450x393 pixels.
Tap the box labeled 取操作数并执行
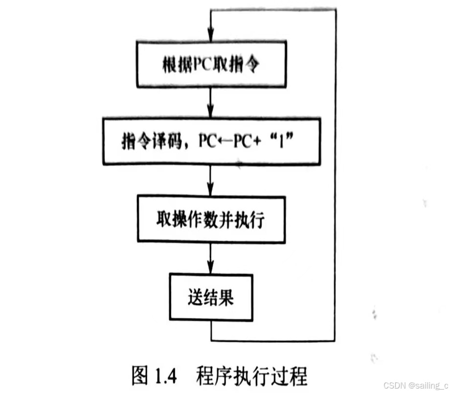click(x=211, y=218)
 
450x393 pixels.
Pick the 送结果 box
click(x=211, y=297)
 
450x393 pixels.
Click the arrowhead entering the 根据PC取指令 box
click(x=211, y=35)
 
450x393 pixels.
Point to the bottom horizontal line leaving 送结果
click(x=274, y=340)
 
